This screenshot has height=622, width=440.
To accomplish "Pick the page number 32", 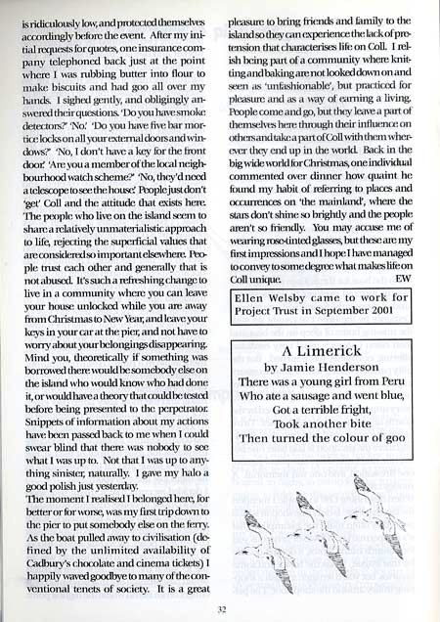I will pyautogui.click(x=220, y=606).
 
